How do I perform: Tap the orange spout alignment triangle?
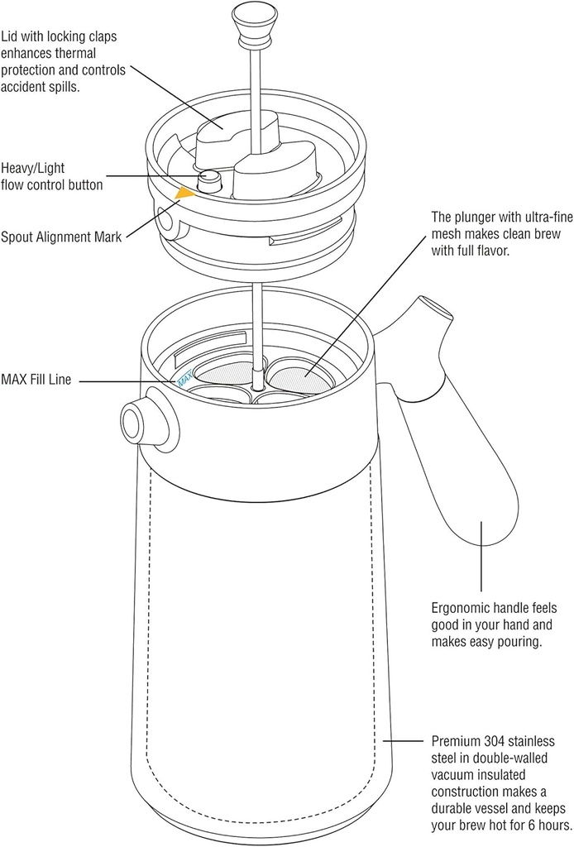point(184,193)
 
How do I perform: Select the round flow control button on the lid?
point(211,178)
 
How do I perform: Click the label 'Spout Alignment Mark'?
point(61,237)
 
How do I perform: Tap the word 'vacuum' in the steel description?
point(453,774)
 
